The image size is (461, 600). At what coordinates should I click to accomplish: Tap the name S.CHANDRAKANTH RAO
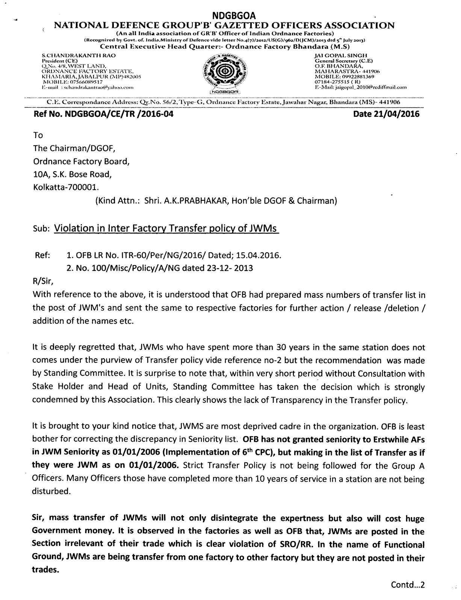79,56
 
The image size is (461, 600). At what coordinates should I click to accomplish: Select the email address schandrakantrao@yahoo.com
98,87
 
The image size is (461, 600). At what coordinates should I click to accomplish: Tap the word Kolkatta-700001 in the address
67,187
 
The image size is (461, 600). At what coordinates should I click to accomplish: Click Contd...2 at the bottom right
408,585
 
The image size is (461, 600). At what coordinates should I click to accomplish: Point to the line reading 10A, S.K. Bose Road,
73,174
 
